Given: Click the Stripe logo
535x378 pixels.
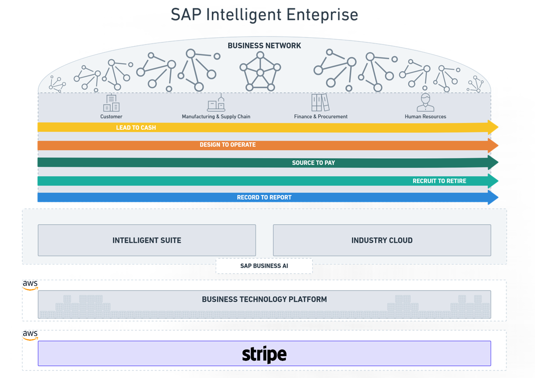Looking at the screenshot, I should point(264,354).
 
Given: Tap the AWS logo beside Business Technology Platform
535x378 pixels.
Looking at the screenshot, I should point(30,285).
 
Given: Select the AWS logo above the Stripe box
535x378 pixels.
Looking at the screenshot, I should point(30,335).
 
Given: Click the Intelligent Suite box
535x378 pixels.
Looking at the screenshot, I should point(147,240).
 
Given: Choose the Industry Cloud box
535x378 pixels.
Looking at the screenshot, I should point(382,240).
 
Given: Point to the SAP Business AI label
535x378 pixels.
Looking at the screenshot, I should point(264,266).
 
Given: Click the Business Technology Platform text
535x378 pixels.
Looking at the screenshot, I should point(264,299).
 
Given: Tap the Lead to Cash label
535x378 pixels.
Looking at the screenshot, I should point(136,127).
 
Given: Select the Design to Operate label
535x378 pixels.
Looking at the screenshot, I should point(227,145).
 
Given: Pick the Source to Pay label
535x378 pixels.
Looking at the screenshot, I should point(313,163).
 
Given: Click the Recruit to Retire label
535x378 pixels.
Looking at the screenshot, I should point(439,181).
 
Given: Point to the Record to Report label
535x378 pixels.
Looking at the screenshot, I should point(264,197).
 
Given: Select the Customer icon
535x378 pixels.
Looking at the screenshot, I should point(111,103).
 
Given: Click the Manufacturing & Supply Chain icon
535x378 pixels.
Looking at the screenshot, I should point(216,103).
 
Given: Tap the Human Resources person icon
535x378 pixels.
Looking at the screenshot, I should point(425,102).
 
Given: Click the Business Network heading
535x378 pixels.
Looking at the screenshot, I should point(264,46).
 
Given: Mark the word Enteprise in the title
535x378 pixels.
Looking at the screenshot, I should point(323,15).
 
